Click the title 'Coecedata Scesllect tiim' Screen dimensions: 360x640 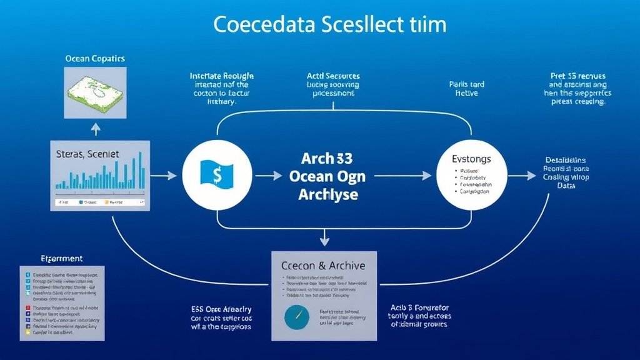coord(330,25)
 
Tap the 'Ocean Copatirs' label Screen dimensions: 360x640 coord(95,59)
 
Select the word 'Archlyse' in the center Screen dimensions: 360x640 coord(327,195)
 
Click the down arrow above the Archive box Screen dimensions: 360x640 coord(324,237)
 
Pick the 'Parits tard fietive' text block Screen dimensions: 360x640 coord(466,88)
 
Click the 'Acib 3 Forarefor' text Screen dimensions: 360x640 coord(420,308)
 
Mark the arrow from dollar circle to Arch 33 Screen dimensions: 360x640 coord(269,176)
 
